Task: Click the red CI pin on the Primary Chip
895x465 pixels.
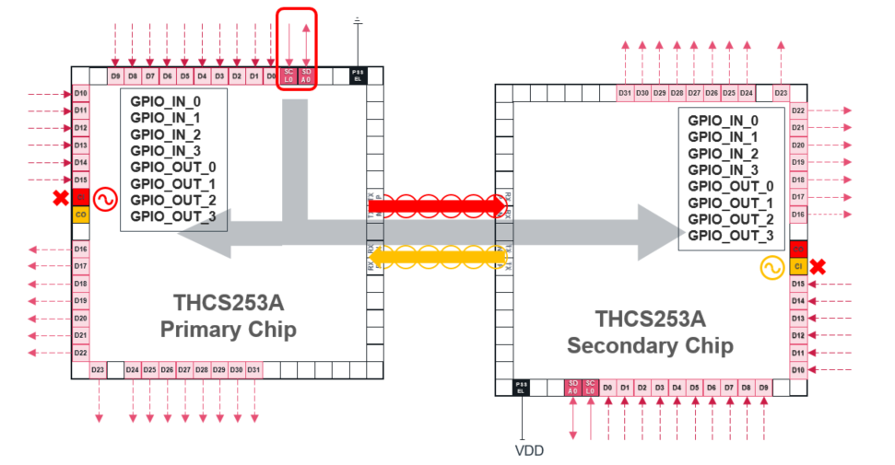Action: [80, 197]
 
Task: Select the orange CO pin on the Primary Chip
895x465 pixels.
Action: [80, 214]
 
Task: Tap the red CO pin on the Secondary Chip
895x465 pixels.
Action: [798, 250]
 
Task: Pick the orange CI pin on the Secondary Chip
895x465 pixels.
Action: [798, 266]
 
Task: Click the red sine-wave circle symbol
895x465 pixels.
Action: [103, 199]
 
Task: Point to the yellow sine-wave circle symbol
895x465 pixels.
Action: [771, 267]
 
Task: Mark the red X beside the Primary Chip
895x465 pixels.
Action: [60, 198]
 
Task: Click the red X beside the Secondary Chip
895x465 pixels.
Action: [817, 267]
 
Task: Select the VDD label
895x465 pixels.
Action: [529, 451]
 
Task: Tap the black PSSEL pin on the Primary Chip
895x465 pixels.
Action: [358, 76]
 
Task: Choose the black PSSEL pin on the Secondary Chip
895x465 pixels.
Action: [521, 388]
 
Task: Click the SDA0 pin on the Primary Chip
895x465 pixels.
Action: [306, 76]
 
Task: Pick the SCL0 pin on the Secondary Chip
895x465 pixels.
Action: [591, 388]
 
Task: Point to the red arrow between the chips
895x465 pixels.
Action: [437, 205]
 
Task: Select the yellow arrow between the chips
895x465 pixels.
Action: [437, 255]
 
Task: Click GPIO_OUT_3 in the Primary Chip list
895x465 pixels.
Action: [173, 216]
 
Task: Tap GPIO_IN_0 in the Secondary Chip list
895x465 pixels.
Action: [723, 121]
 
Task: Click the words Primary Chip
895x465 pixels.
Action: [229, 330]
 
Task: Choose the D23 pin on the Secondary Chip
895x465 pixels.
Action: [781, 93]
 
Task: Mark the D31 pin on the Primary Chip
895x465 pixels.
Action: [253, 369]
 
